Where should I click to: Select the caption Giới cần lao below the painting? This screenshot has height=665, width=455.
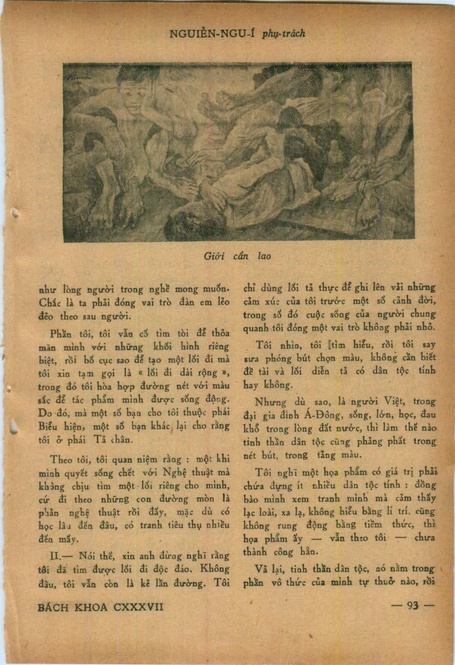[x=238, y=256]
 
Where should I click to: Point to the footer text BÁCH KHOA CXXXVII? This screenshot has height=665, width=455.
[x=101, y=607]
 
